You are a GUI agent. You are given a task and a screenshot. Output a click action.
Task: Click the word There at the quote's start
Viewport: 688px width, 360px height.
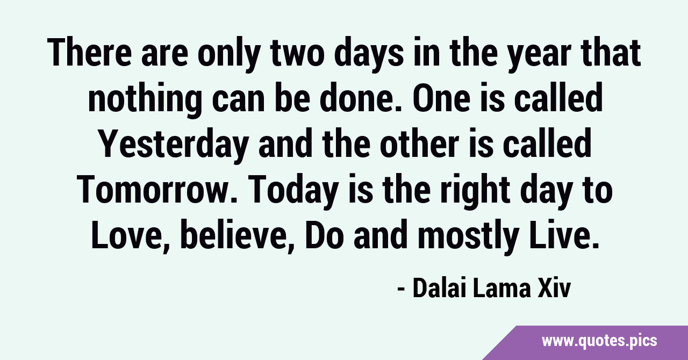[x=90, y=53]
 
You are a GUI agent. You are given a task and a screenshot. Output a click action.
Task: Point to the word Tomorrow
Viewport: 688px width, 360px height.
[x=156, y=190]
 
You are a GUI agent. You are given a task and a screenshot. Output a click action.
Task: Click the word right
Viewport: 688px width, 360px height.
[x=475, y=191]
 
